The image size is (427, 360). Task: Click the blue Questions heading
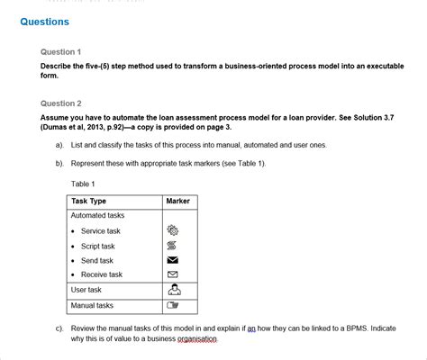click(44, 22)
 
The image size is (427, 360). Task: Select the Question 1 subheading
click(61, 52)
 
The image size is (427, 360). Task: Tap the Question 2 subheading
click(61, 103)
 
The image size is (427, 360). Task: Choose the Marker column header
click(177, 202)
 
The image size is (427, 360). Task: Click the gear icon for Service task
click(173, 231)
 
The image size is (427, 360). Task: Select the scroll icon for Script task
click(173, 246)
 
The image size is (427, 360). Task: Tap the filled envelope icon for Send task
click(173, 260)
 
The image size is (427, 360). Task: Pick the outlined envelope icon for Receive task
click(173, 274)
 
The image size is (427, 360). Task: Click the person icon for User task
click(174, 290)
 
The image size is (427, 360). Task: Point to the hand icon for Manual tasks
click(173, 306)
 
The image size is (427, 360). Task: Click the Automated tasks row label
click(97, 216)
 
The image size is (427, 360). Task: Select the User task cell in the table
click(86, 290)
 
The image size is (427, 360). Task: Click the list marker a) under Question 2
click(59, 145)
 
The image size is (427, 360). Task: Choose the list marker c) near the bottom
click(59, 328)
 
